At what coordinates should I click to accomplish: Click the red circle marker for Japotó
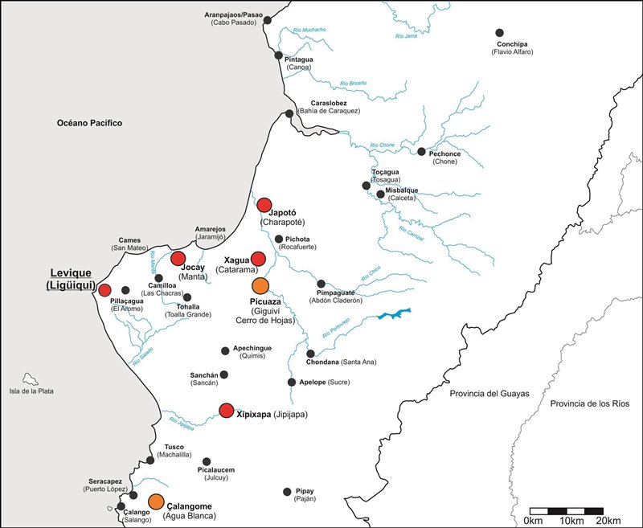264,205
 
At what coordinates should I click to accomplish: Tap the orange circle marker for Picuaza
260,286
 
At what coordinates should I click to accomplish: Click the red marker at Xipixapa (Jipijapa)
227,411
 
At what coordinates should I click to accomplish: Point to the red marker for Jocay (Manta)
178,258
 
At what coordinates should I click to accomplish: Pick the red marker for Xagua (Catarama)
258,258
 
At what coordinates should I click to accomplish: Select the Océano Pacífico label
88,123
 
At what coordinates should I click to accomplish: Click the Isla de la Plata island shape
31,378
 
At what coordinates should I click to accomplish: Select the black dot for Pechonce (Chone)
421,151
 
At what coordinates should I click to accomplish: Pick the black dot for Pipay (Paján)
287,492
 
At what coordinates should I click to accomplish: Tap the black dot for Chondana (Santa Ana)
310,354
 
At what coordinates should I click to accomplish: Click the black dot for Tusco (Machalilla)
150,460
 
